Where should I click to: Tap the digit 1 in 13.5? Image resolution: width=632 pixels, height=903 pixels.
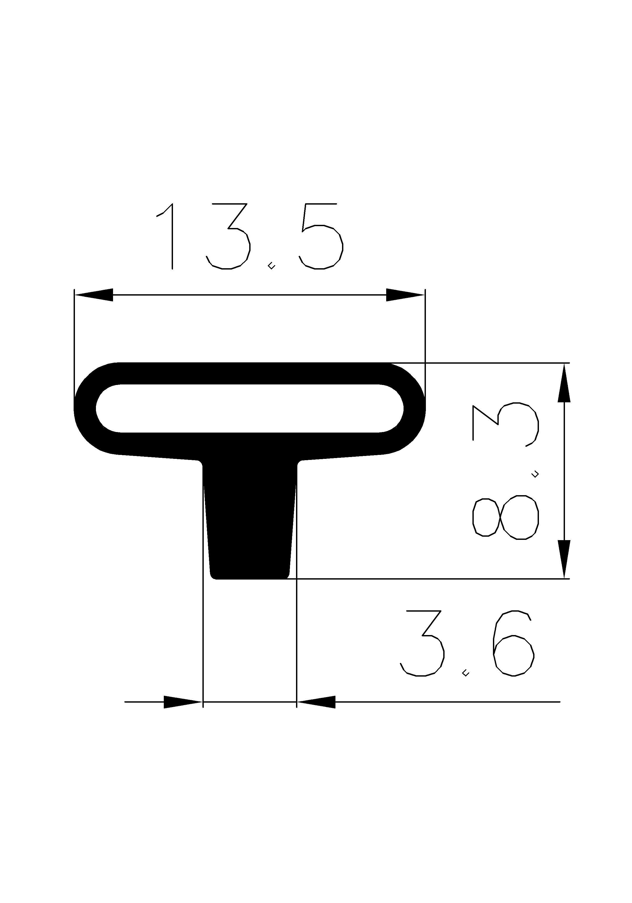coord(167,236)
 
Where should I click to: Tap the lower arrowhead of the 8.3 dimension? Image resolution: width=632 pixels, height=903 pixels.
coord(564,559)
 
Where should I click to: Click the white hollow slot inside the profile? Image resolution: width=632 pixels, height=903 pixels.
coord(249,408)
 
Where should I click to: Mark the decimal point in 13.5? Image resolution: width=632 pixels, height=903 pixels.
coord(271,267)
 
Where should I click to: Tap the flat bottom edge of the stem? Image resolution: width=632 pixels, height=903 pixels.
coord(249,578)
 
